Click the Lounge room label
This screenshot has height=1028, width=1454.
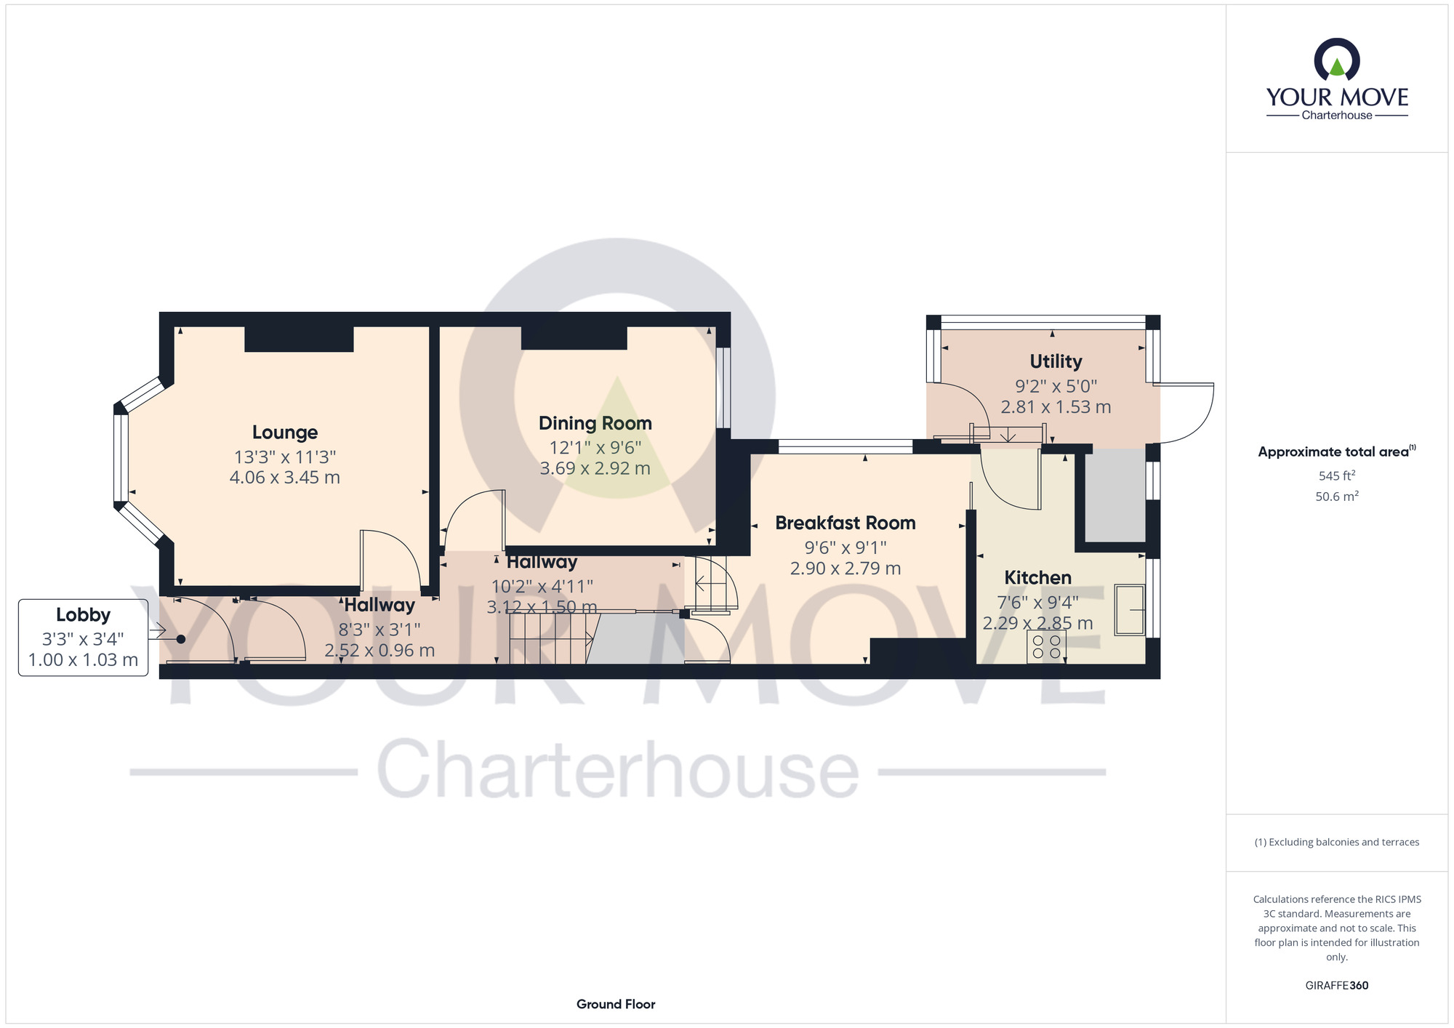click(x=285, y=433)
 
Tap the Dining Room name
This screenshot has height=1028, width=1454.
click(x=595, y=423)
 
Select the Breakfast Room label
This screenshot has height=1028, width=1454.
click(x=845, y=523)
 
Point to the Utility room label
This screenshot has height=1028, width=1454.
click(x=1056, y=361)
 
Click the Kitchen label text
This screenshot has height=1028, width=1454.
click(x=1037, y=577)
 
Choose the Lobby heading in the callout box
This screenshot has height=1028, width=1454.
click(x=83, y=615)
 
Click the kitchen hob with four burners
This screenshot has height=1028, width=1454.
click(x=1046, y=647)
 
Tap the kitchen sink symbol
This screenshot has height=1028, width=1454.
click(x=1130, y=609)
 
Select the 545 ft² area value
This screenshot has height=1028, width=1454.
click(x=1336, y=475)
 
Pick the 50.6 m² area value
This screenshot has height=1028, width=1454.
click(x=1336, y=496)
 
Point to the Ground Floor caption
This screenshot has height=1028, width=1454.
click(x=616, y=1004)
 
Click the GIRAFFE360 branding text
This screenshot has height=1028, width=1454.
click(x=1336, y=986)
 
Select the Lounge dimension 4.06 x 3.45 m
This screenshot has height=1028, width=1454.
click(x=285, y=478)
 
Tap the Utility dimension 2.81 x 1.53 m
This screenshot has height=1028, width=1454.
click(x=1056, y=407)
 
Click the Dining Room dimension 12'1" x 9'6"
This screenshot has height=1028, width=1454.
click(x=595, y=447)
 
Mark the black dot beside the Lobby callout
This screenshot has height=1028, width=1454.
click(x=180, y=640)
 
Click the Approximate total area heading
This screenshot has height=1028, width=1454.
click(x=1336, y=451)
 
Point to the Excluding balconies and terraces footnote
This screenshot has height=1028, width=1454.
click(x=1336, y=842)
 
